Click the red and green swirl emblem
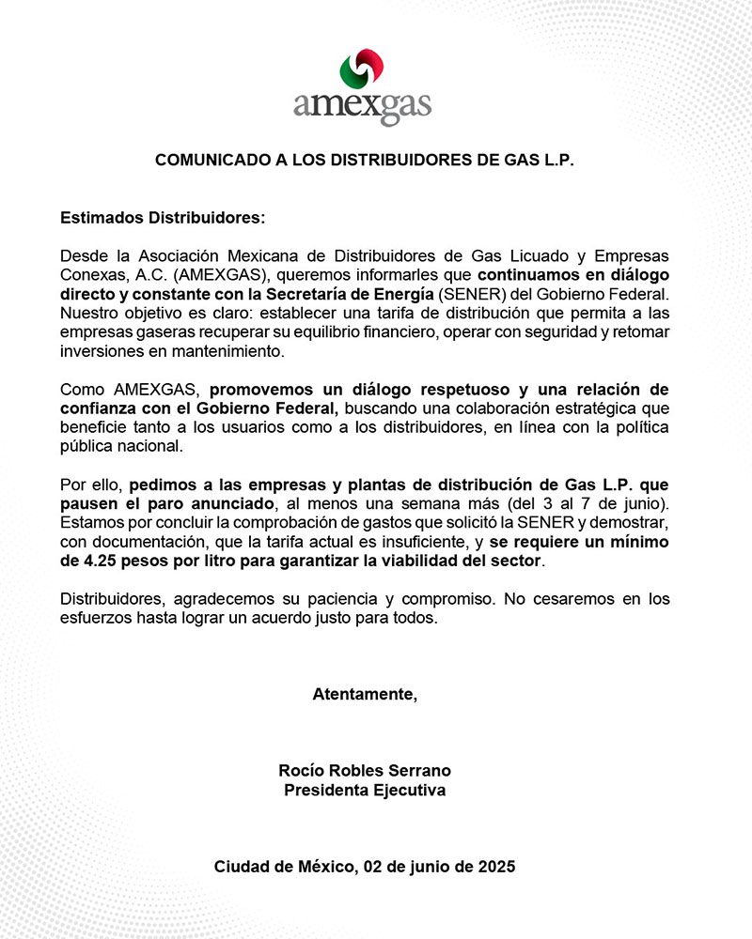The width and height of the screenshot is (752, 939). point(362,69)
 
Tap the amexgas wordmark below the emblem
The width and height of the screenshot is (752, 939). point(362,104)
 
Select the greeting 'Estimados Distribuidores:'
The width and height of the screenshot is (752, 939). point(163,218)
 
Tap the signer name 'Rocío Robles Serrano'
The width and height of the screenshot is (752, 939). point(365,770)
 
